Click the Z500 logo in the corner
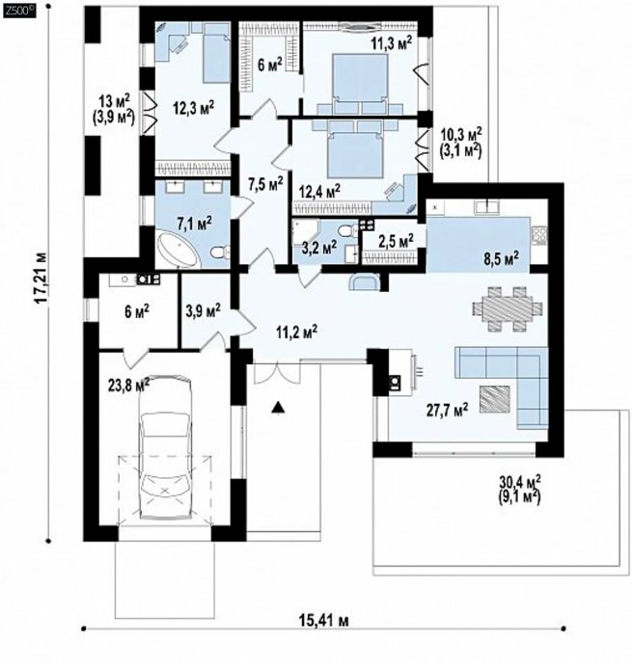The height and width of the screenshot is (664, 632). (19, 11)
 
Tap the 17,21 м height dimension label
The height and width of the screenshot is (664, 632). (41, 278)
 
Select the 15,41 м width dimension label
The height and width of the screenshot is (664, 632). (324, 621)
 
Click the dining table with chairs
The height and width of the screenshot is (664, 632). (508, 308)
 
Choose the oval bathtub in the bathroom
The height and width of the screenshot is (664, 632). (179, 251)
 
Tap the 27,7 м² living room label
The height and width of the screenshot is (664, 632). (447, 409)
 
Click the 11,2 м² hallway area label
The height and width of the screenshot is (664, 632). (297, 332)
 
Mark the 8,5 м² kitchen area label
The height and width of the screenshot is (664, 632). (502, 258)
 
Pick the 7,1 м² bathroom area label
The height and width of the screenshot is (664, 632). (192, 223)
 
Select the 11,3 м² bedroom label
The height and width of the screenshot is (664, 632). (392, 43)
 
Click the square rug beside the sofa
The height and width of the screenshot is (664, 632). (496, 399)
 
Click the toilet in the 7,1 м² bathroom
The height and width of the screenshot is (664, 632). (220, 252)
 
